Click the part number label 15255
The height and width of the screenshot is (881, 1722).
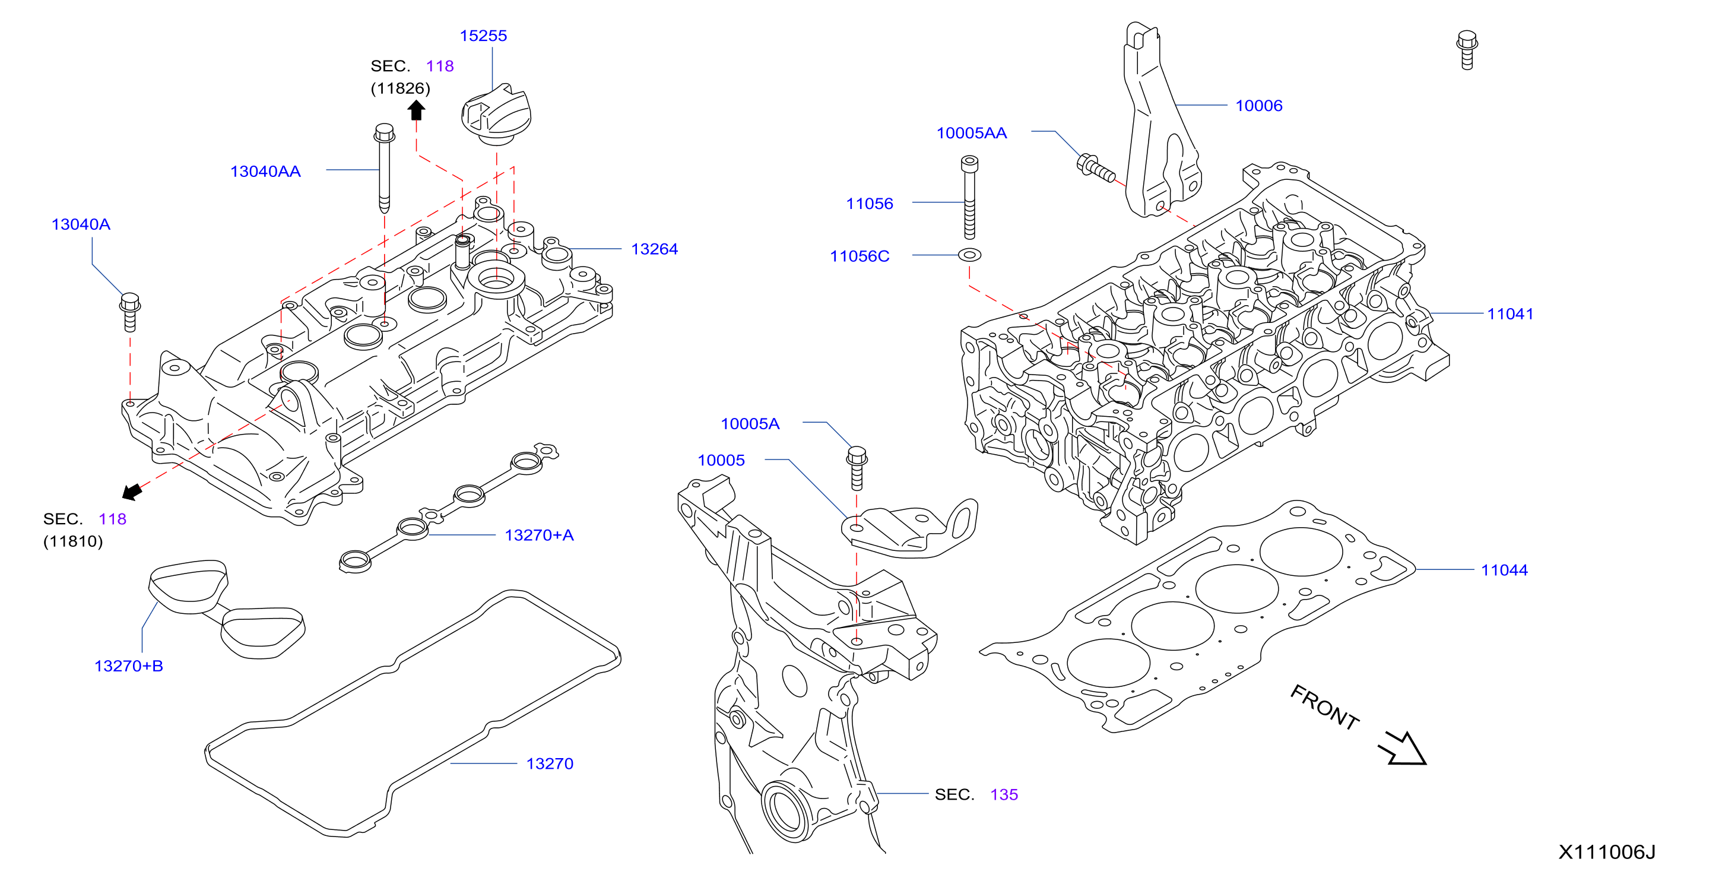[x=483, y=36]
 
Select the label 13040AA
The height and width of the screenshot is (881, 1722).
[x=265, y=172]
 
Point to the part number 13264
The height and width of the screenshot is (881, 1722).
[x=655, y=249]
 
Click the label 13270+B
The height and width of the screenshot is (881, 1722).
[x=129, y=667]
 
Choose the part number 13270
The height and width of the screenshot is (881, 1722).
[x=550, y=764]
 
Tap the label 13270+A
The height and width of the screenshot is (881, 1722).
[x=540, y=535]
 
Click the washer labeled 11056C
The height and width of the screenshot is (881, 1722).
[x=969, y=255]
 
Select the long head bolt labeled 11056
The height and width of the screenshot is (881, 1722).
[x=969, y=197]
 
